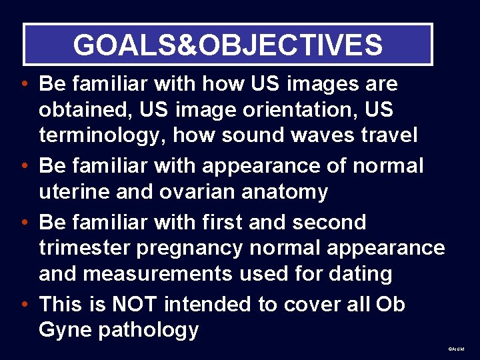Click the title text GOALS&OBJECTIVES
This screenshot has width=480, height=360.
coord(228,45)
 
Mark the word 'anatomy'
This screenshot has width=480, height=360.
coord(288,193)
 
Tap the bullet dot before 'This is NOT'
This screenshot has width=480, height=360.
coord(23,305)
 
